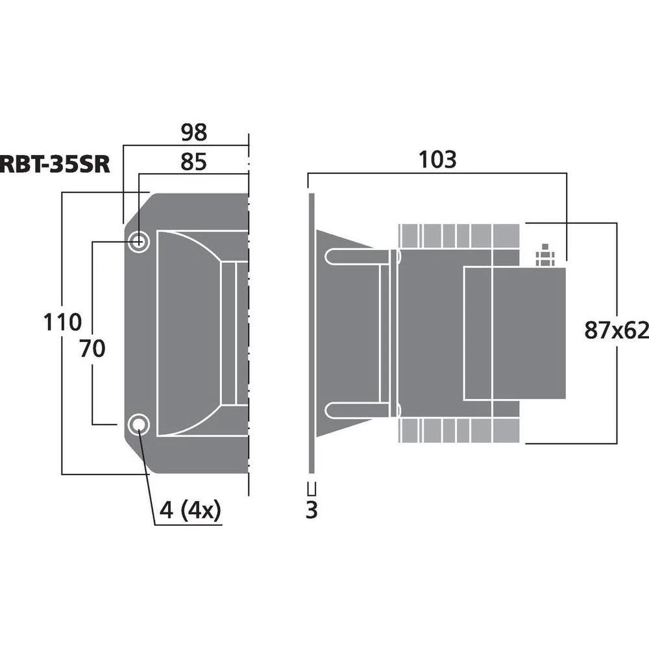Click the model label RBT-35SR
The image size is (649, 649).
click(55, 164)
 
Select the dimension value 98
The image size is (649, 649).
click(193, 132)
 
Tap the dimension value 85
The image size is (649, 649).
click(193, 162)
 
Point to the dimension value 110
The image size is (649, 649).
click(62, 322)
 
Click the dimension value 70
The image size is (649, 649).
click(92, 349)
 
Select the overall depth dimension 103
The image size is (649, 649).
click(437, 160)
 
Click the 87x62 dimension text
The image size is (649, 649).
click(616, 330)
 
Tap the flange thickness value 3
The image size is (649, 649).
click(312, 511)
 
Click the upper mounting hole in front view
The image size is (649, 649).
click(138, 242)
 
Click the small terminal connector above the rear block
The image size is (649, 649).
click(544, 256)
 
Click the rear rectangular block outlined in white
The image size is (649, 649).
click(514, 333)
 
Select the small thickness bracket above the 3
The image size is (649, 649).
click(312, 489)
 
